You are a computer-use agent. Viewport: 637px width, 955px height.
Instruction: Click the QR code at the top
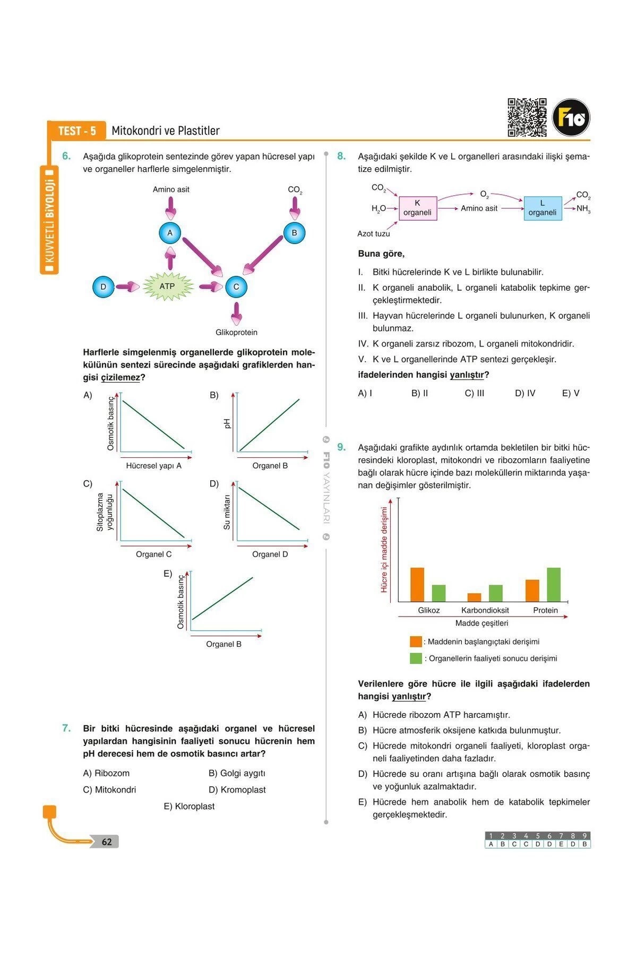[527, 117]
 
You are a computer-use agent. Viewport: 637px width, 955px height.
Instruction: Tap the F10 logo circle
[571, 118]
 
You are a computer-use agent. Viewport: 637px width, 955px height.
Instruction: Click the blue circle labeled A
[170, 232]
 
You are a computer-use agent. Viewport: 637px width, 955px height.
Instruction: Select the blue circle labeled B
[295, 232]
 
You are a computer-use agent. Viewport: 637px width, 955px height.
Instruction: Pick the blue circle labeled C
[236, 286]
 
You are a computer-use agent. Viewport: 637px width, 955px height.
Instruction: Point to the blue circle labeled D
[104, 286]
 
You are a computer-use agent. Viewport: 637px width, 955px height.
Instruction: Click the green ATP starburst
[167, 286]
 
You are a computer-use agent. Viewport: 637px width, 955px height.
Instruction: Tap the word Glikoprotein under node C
[236, 332]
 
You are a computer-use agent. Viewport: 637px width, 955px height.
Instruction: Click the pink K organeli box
[418, 208]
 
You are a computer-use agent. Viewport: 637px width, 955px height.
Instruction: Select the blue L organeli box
[543, 208]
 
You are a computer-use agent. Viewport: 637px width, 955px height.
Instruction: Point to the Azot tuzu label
[374, 233]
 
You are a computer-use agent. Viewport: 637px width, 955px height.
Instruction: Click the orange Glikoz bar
[417, 584]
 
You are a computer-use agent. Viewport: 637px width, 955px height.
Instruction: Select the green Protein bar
[554, 584]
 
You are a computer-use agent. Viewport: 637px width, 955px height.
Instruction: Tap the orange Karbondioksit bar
[475, 597]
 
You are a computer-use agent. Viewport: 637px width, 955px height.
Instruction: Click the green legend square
[416, 658]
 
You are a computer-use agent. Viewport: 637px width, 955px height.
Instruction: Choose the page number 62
[107, 842]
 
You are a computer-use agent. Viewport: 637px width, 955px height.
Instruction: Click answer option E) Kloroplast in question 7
[189, 806]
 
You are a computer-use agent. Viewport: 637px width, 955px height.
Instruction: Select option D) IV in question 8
[525, 393]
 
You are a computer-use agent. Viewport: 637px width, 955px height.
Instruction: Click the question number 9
[341, 447]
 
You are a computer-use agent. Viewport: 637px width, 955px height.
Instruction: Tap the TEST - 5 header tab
[77, 131]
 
